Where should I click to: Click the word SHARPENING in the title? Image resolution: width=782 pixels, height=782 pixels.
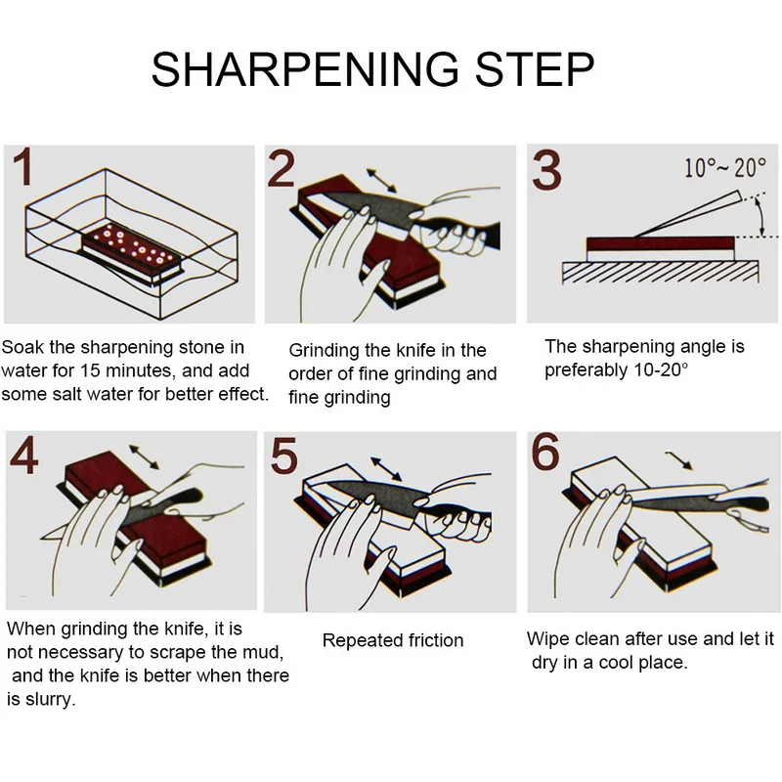[x=305, y=69]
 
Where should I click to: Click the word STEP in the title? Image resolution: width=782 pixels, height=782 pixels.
[x=535, y=69]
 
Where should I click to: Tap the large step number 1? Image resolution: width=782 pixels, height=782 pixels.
[x=22, y=166]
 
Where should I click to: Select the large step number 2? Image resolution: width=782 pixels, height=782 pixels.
[x=281, y=169]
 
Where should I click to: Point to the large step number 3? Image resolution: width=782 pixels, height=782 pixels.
[x=546, y=170]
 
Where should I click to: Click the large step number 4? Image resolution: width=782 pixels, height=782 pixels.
[x=23, y=455]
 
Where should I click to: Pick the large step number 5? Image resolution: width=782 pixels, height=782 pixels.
[x=283, y=456]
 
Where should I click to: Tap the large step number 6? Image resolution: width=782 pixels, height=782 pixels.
[x=545, y=452]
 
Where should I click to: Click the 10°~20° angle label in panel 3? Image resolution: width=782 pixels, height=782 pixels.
[x=724, y=167]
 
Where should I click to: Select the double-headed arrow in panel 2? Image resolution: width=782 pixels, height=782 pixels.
[x=381, y=181]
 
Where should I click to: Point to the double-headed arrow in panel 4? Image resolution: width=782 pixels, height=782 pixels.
[x=144, y=457]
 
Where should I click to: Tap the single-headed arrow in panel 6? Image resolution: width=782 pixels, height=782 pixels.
[x=678, y=460]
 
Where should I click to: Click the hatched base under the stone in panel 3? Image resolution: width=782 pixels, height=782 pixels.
[x=661, y=273]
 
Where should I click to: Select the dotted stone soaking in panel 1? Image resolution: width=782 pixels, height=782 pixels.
[x=131, y=250]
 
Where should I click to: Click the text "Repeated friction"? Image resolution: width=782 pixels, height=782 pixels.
[x=393, y=640]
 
